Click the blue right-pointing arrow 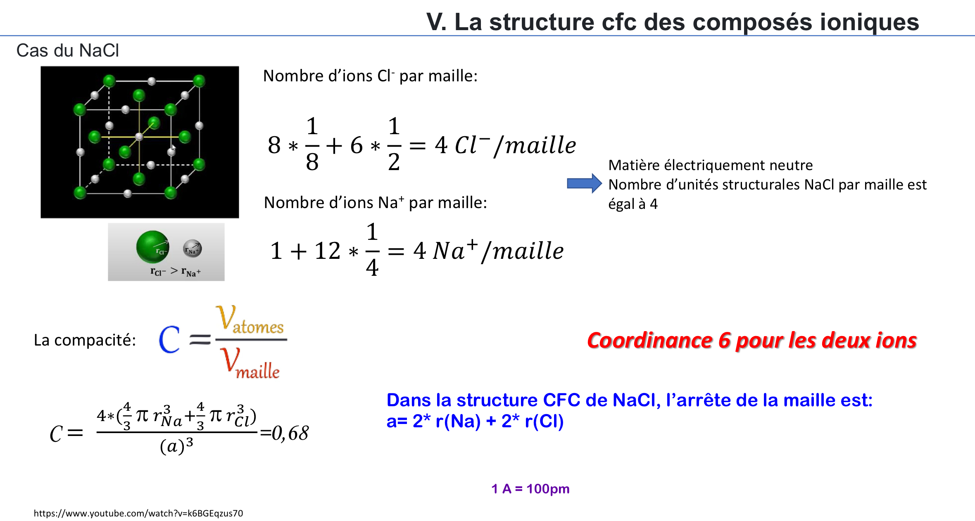(x=584, y=183)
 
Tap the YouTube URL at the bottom (x=138, y=513)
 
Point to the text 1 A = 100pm (x=530, y=489)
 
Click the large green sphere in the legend (x=152, y=247)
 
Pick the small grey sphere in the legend (x=192, y=249)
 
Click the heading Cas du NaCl (x=68, y=51)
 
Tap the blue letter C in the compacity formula (x=169, y=339)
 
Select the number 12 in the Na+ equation (x=327, y=251)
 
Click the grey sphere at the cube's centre (x=139, y=137)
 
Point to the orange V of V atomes (x=226, y=317)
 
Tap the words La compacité (x=85, y=340)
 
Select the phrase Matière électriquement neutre (x=711, y=165)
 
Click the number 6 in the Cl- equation (x=356, y=145)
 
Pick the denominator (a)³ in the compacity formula (x=176, y=446)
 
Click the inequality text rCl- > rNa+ (x=176, y=272)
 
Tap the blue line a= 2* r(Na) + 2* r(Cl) (x=475, y=421)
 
